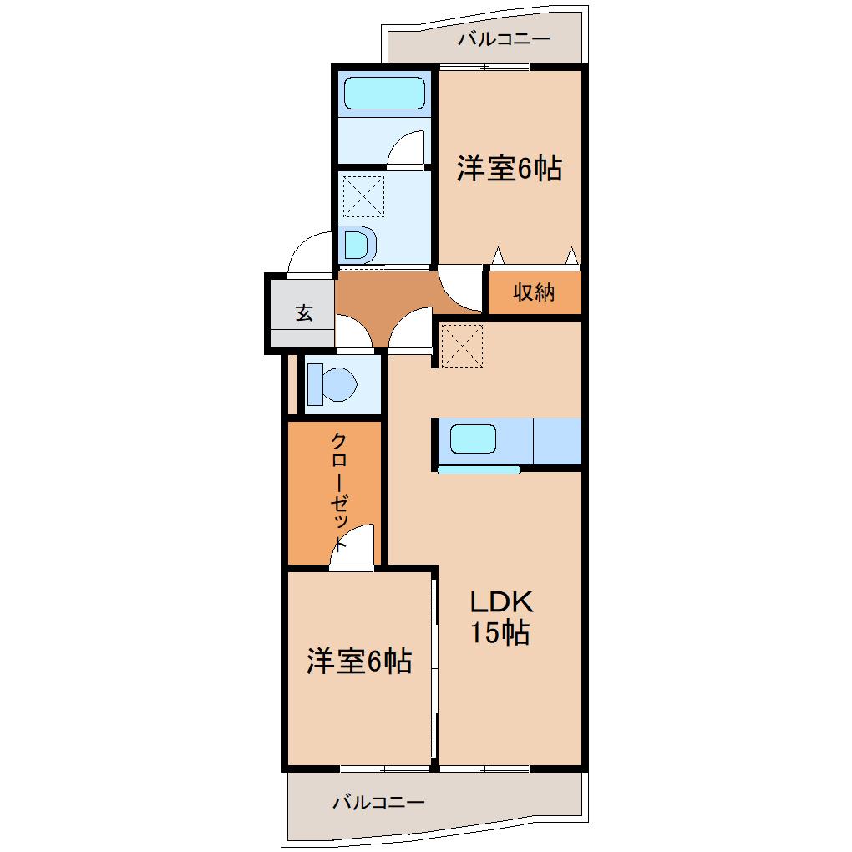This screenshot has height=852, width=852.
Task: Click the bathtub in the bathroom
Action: point(384,93)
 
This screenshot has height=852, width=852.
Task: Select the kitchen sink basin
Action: point(473,439)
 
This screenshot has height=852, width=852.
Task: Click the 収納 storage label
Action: point(534,292)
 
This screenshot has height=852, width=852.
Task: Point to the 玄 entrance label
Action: point(303,313)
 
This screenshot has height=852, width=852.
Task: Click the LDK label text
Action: point(500,602)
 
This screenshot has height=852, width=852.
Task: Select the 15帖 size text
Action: point(499,633)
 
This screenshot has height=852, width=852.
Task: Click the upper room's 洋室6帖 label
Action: point(508,170)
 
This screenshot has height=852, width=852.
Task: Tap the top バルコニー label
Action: point(503,39)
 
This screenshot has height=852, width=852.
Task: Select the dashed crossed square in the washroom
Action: point(364,196)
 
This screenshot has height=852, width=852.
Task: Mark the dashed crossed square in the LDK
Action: point(462,346)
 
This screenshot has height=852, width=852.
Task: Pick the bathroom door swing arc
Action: point(409,149)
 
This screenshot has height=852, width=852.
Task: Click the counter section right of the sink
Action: point(556,439)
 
